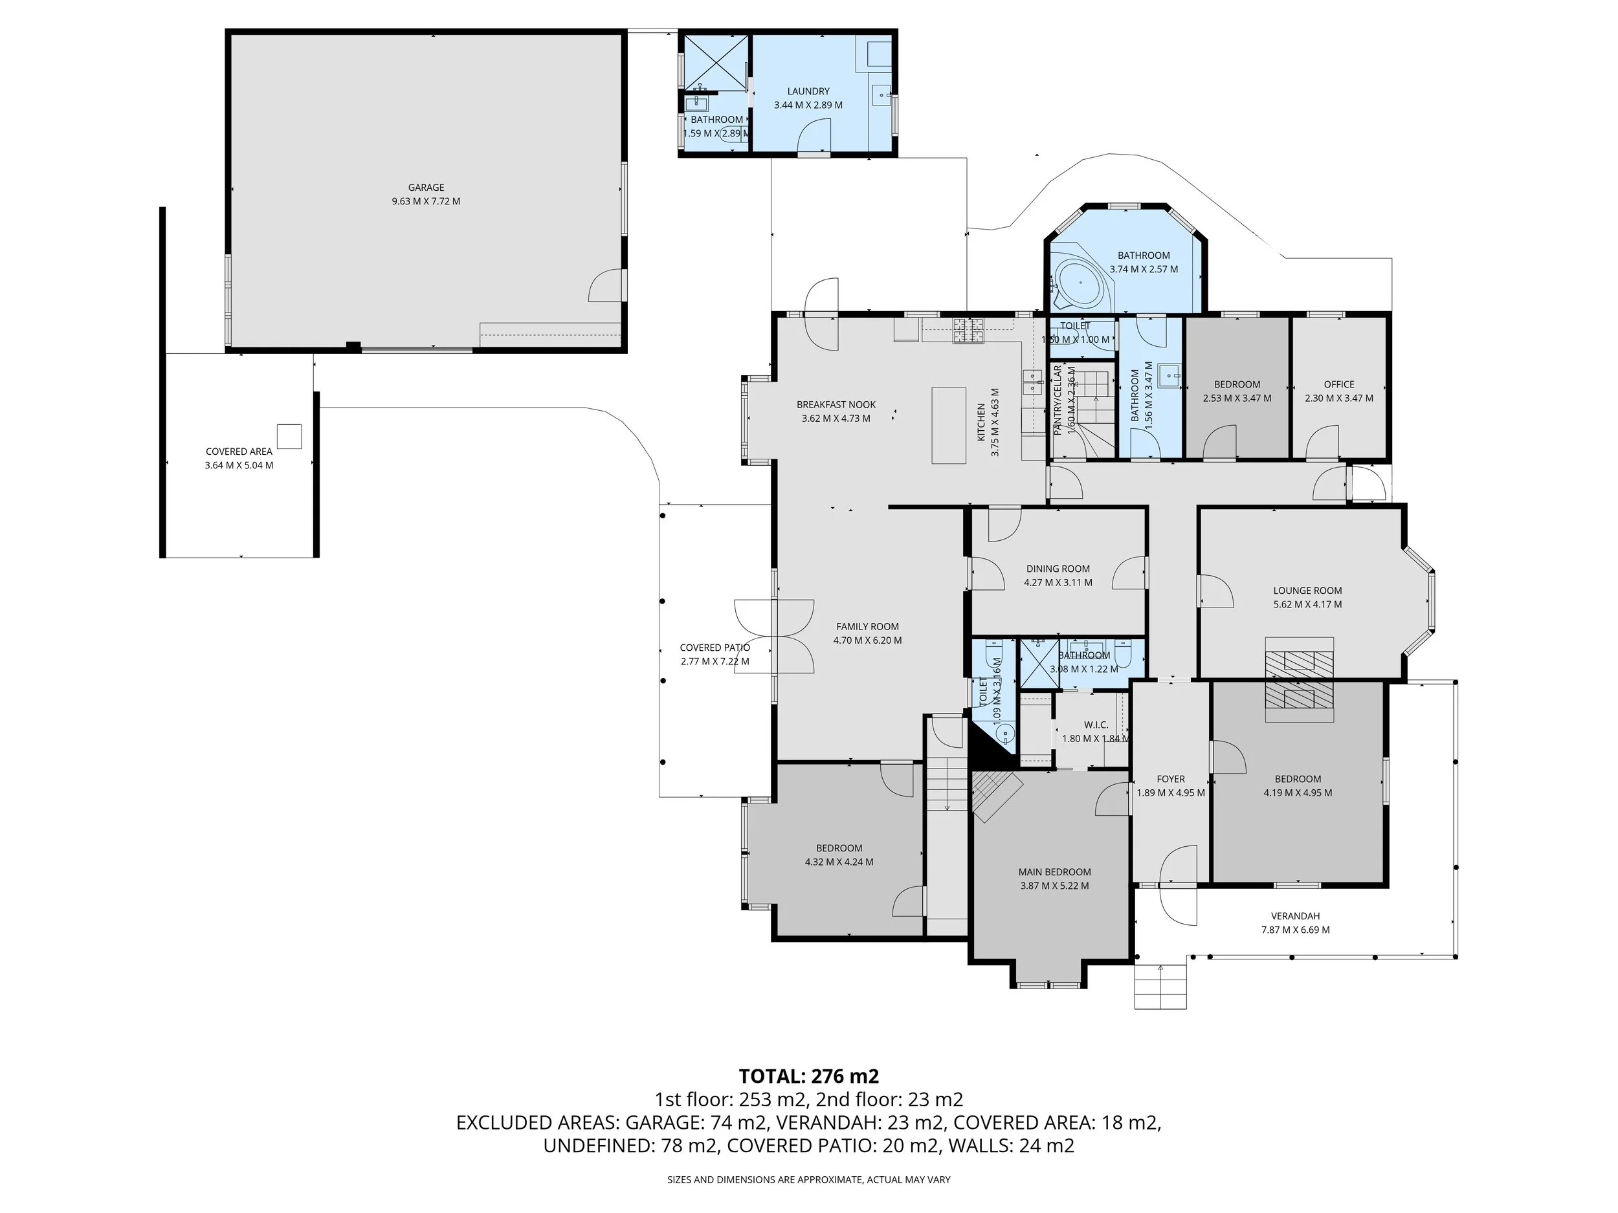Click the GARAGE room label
click(426, 187)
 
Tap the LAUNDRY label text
click(808, 91)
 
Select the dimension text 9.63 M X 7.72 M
click(426, 201)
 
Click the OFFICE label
click(1338, 384)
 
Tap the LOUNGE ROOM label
click(1307, 590)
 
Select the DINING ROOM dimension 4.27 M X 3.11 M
click(1058, 583)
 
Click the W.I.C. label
click(1096, 725)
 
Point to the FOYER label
click(1170, 779)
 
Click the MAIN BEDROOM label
click(1054, 871)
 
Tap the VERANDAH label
click(1294, 915)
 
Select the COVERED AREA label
click(238, 451)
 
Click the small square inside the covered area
click(289, 436)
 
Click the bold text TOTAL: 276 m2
click(808, 1076)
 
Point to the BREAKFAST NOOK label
click(836, 404)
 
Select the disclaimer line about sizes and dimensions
click(808, 1179)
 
